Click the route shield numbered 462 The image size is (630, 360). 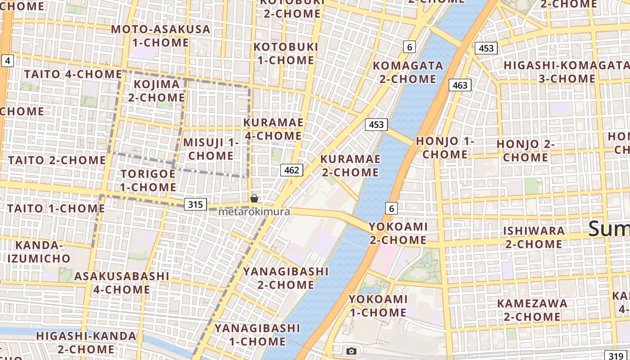292,170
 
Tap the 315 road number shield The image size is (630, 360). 195,205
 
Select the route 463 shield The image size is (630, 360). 460,85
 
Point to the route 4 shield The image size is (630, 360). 8,61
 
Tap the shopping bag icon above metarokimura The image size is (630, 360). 254,198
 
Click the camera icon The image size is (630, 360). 351,351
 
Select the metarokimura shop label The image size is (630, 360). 254,211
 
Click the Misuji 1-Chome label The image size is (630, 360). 211,149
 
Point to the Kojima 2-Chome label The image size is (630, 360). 157,90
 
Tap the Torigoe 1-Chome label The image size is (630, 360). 148,180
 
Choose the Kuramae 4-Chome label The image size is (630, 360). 273,129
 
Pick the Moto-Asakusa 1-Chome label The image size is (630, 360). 161,36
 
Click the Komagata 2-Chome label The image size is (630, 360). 408,72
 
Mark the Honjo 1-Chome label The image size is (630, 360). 445,148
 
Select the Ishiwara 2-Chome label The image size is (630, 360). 534,238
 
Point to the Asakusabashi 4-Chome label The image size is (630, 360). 121,283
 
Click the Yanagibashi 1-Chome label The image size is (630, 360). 257,335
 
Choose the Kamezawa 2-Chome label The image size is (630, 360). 532,310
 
